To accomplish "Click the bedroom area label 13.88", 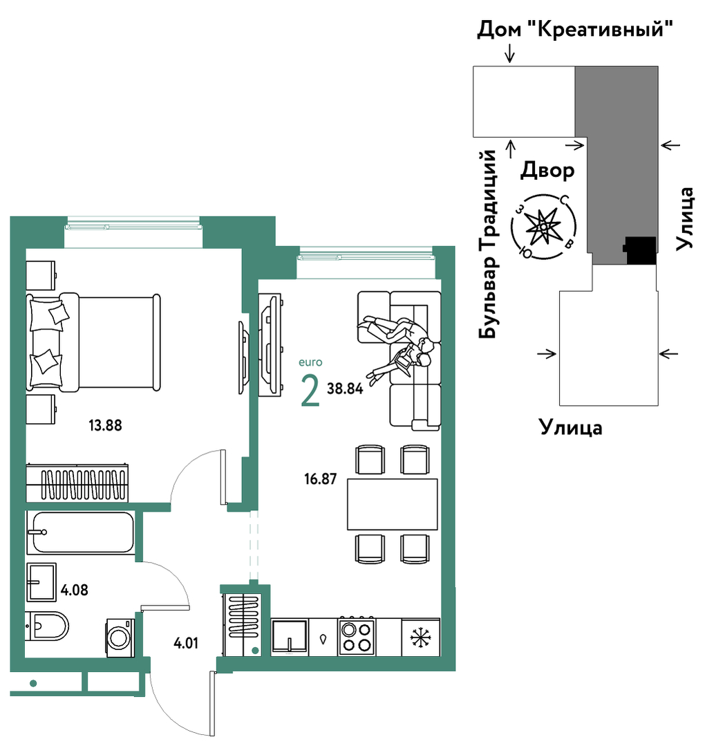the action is click(x=105, y=425).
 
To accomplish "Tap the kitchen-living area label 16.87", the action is click(x=321, y=478).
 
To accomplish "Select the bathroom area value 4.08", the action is click(x=75, y=590).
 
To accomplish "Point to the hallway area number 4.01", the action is click(x=186, y=644).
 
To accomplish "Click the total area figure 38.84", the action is click(x=345, y=389).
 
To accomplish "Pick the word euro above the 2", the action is click(x=310, y=362).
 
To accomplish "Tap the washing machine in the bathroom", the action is click(x=120, y=637).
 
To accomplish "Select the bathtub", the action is click(x=80, y=532).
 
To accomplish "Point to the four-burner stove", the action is click(x=357, y=637).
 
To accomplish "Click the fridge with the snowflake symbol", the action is click(x=421, y=637).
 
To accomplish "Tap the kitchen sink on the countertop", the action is click(x=290, y=637).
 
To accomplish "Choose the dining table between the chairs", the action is click(x=393, y=504).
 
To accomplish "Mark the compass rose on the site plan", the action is click(x=543, y=227).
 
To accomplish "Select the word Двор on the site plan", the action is click(x=547, y=170).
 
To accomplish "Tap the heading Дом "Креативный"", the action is click(x=575, y=29).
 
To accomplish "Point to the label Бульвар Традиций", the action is click(x=488, y=245).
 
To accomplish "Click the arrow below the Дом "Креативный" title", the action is click(x=510, y=53).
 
